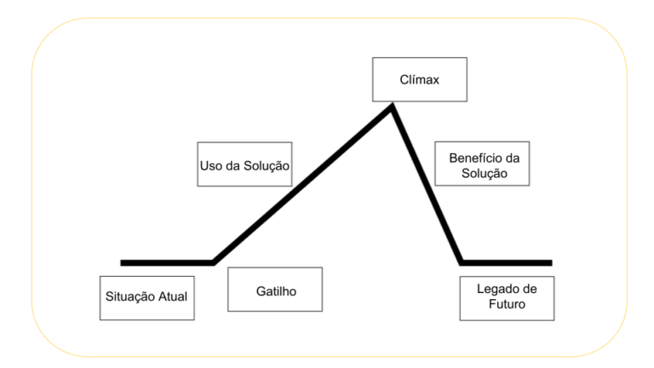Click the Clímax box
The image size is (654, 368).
click(x=419, y=78)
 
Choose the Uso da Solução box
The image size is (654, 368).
click(x=244, y=164)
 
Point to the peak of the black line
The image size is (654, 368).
click(x=392, y=106)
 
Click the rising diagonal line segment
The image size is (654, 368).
click(x=302, y=184)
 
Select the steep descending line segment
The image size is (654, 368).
click(x=426, y=183)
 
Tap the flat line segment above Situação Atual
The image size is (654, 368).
click(x=167, y=262)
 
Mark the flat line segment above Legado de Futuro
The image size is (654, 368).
click(x=507, y=262)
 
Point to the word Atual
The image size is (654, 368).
click(x=172, y=297)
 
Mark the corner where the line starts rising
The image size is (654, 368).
click(x=213, y=262)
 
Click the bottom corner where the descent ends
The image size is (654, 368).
click(x=461, y=262)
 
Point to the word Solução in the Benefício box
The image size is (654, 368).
click(x=481, y=172)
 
